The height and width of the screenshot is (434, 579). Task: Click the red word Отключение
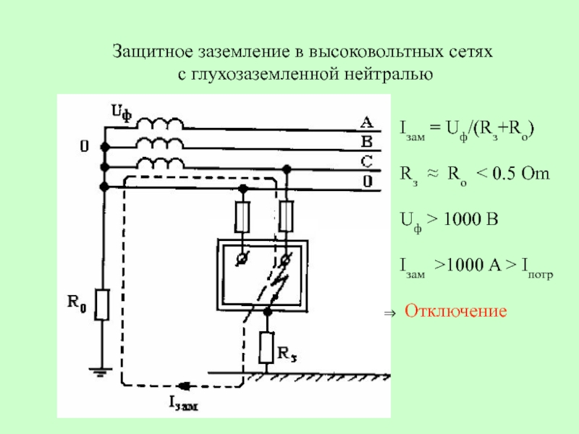[456, 311]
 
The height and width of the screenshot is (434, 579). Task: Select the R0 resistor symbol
[102, 305]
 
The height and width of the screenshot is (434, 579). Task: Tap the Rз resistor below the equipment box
[266, 347]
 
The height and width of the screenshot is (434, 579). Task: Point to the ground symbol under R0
[100, 372]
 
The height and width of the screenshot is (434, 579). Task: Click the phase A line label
[366, 122]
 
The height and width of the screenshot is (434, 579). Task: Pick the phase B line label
[367, 142]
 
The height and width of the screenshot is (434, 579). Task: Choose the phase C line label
[367, 161]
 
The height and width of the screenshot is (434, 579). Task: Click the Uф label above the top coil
[122, 112]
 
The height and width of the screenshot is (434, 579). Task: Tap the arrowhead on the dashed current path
[184, 386]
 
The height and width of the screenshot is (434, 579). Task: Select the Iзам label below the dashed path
[184, 404]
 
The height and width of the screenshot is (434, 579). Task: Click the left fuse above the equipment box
[242, 216]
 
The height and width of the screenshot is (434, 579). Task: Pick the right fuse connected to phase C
[286, 216]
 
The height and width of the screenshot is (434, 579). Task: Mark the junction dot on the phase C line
[287, 169]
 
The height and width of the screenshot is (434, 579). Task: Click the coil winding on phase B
[160, 143]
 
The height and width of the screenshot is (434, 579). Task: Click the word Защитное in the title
[153, 52]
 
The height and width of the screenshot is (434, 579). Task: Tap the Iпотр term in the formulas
[537, 267]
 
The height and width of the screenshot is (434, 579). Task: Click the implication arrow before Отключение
[389, 314]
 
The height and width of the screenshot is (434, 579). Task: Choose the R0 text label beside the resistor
[77, 302]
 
